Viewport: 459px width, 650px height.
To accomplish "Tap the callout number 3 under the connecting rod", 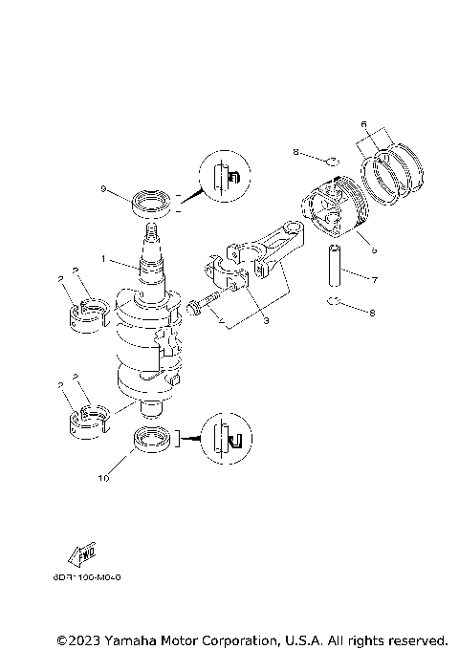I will [266, 321].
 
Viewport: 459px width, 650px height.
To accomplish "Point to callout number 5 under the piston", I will [373, 249].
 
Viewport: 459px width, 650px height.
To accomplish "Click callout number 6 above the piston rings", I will [363, 123].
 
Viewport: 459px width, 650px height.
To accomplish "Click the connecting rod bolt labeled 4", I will [199, 308].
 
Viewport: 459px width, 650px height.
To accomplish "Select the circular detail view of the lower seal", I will [228, 436].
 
